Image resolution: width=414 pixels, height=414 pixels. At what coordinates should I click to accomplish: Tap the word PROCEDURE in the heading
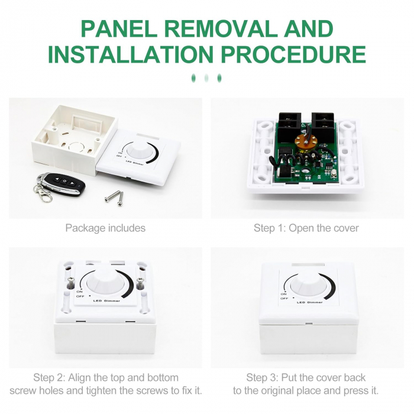(x=293, y=54)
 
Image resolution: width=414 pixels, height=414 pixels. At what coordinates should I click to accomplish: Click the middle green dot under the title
(x=206, y=78)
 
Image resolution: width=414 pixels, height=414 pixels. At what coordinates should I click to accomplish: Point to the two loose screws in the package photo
(x=115, y=198)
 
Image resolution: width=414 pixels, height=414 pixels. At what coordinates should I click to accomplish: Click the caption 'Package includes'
(x=105, y=228)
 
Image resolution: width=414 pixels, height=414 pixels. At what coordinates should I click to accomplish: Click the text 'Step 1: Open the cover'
(x=306, y=228)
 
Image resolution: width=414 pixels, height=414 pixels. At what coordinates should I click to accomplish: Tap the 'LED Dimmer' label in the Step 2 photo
(x=106, y=300)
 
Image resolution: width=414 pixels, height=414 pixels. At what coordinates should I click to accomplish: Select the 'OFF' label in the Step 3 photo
(x=284, y=298)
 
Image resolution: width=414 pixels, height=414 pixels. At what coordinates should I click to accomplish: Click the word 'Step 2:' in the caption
(x=49, y=377)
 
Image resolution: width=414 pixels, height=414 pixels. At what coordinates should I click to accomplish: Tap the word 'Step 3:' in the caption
(x=262, y=377)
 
